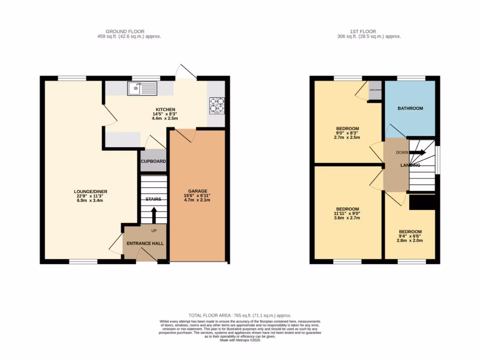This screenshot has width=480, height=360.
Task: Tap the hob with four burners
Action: [217, 105]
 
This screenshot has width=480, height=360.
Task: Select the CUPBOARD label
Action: [153, 161]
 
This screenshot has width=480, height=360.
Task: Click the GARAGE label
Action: [197, 191]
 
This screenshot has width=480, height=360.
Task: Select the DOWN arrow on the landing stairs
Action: [417, 152]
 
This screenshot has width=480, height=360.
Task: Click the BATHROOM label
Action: [410, 108]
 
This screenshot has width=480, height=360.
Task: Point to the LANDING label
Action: [410, 165]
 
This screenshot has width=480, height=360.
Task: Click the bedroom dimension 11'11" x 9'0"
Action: [347, 213]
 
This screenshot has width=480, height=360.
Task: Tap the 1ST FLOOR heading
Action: [369, 31]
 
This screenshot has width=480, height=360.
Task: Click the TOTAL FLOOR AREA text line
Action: [240, 315]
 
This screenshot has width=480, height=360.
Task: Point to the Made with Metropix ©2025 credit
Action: [240, 340]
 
